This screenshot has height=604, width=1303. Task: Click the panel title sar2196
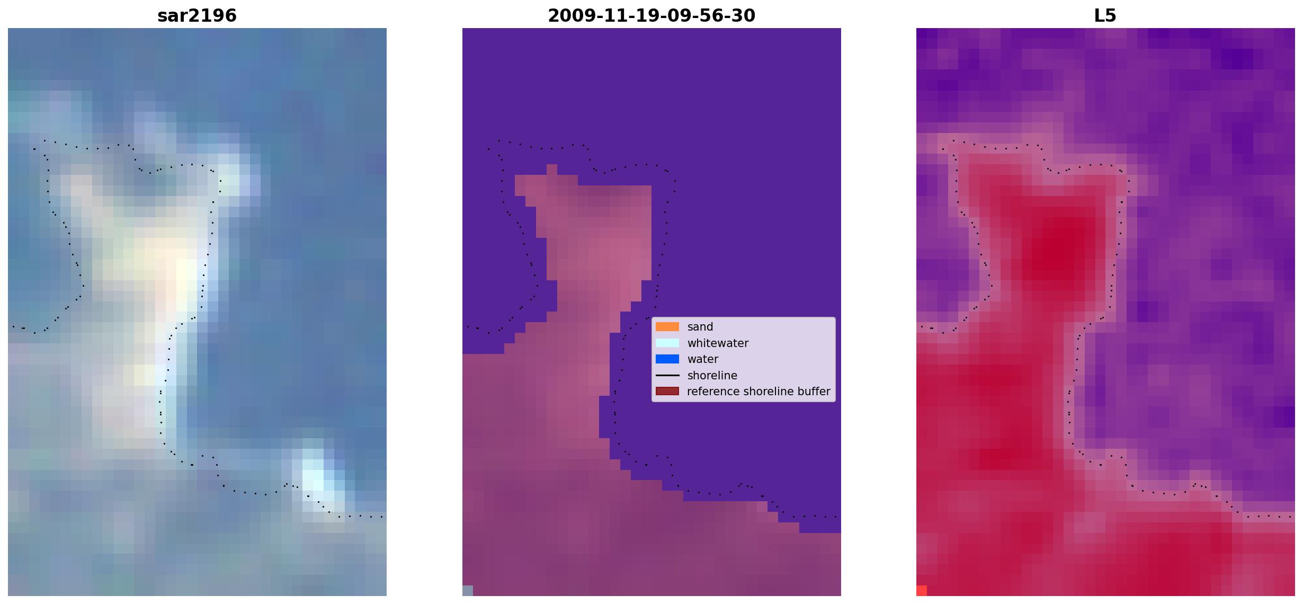197,15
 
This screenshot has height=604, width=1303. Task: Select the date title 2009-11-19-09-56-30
651,15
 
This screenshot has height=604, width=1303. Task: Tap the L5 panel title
1105,15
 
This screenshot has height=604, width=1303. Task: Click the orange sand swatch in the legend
667,327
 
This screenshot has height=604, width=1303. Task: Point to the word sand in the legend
700,327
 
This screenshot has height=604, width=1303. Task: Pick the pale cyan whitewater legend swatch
667,343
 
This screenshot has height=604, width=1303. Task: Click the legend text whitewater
718,343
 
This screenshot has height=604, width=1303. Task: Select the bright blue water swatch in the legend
667,359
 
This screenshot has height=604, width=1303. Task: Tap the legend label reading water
703,359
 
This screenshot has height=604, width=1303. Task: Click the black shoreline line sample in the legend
667,375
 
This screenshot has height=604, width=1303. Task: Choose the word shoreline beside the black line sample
712,375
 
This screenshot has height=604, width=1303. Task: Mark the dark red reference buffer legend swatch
667,391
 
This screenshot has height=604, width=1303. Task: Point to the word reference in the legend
713,391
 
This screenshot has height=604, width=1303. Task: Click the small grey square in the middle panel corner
468,591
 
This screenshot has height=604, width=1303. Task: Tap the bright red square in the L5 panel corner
922,591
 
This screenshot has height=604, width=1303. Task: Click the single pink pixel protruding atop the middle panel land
551,170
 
